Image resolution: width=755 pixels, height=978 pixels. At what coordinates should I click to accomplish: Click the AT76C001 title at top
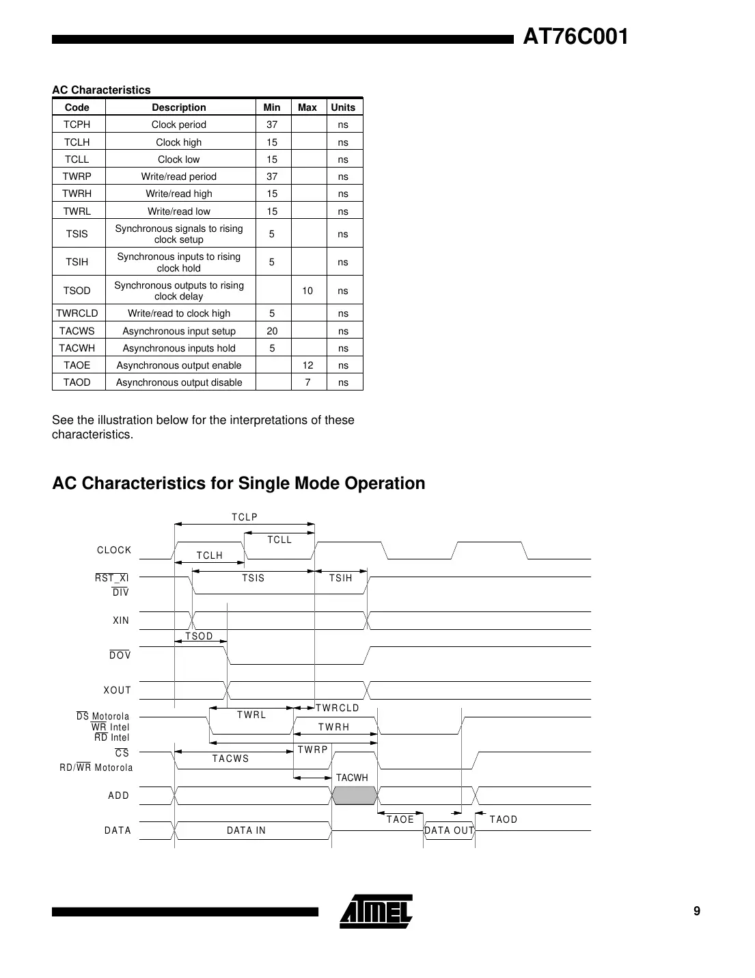(575, 37)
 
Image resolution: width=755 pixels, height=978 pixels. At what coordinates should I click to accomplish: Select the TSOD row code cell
(77, 291)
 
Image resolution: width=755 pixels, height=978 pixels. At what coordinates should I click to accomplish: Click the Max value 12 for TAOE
(308, 365)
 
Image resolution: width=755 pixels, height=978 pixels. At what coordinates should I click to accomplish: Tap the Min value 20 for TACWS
(272, 331)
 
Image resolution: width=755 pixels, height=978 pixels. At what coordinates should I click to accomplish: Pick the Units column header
(343, 107)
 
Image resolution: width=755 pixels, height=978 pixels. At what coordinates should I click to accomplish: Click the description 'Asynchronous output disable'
(179, 382)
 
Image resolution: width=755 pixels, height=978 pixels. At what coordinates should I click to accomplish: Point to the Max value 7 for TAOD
(308, 382)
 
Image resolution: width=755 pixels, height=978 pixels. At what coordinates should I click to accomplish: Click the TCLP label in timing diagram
(245, 517)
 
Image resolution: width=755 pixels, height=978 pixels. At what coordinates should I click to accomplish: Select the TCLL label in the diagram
(279, 540)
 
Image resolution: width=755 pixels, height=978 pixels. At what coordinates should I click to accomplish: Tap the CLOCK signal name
(114, 550)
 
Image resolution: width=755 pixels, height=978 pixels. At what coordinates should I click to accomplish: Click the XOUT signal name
(118, 690)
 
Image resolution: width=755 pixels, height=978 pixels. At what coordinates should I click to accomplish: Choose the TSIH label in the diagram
(341, 579)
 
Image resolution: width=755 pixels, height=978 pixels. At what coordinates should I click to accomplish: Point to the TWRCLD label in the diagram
(338, 708)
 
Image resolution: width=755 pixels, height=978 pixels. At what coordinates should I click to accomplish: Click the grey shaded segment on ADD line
(355, 795)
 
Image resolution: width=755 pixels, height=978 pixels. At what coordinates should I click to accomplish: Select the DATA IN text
(246, 830)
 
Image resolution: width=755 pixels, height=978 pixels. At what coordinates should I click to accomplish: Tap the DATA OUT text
(449, 830)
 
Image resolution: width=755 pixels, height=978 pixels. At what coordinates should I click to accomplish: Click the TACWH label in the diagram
(352, 778)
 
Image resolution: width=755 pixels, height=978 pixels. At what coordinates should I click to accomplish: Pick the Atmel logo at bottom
(376, 912)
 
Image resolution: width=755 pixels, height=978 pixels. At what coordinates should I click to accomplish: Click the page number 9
(697, 911)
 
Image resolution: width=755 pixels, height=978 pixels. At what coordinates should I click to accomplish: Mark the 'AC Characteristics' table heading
(101, 90)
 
